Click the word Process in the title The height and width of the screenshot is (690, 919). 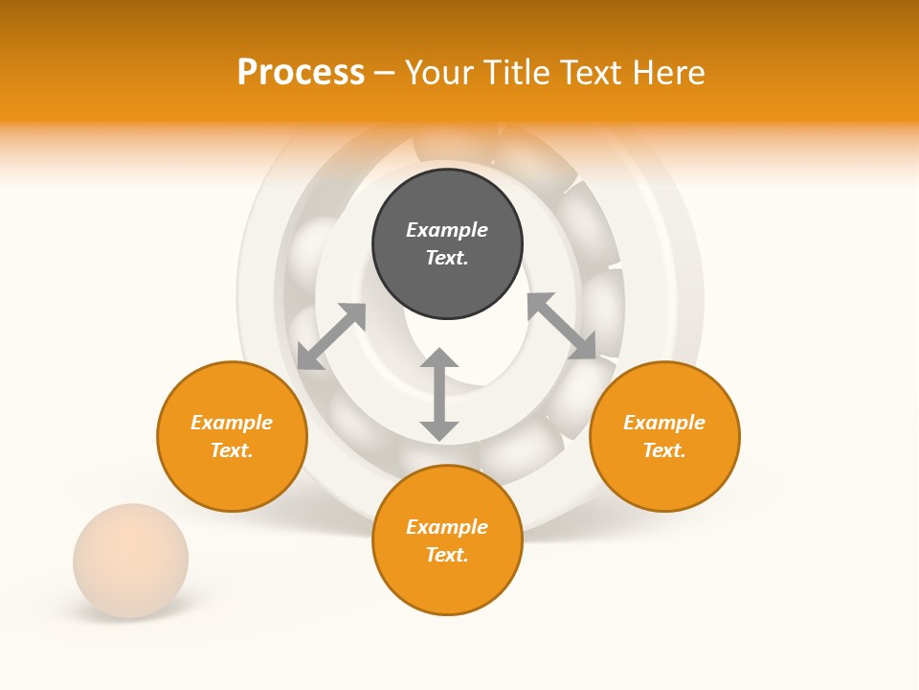tap(301, 73)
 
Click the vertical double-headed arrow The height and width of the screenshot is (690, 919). tap(439, 395)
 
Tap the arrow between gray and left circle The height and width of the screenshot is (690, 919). tap(331, 336)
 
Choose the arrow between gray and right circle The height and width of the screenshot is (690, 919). tap(561, 326)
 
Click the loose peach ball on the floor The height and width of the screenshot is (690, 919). tap(131, 560)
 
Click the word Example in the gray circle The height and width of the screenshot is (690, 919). tap(447, 230)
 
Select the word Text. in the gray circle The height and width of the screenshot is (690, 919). tap(447, 258)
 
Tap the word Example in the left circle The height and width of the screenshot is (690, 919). tap(232, 423)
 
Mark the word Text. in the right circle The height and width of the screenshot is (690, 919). tap(664, 450)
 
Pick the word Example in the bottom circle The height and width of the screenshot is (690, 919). tap(447, 527)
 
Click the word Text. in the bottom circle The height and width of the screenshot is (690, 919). tap(447, 555)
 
